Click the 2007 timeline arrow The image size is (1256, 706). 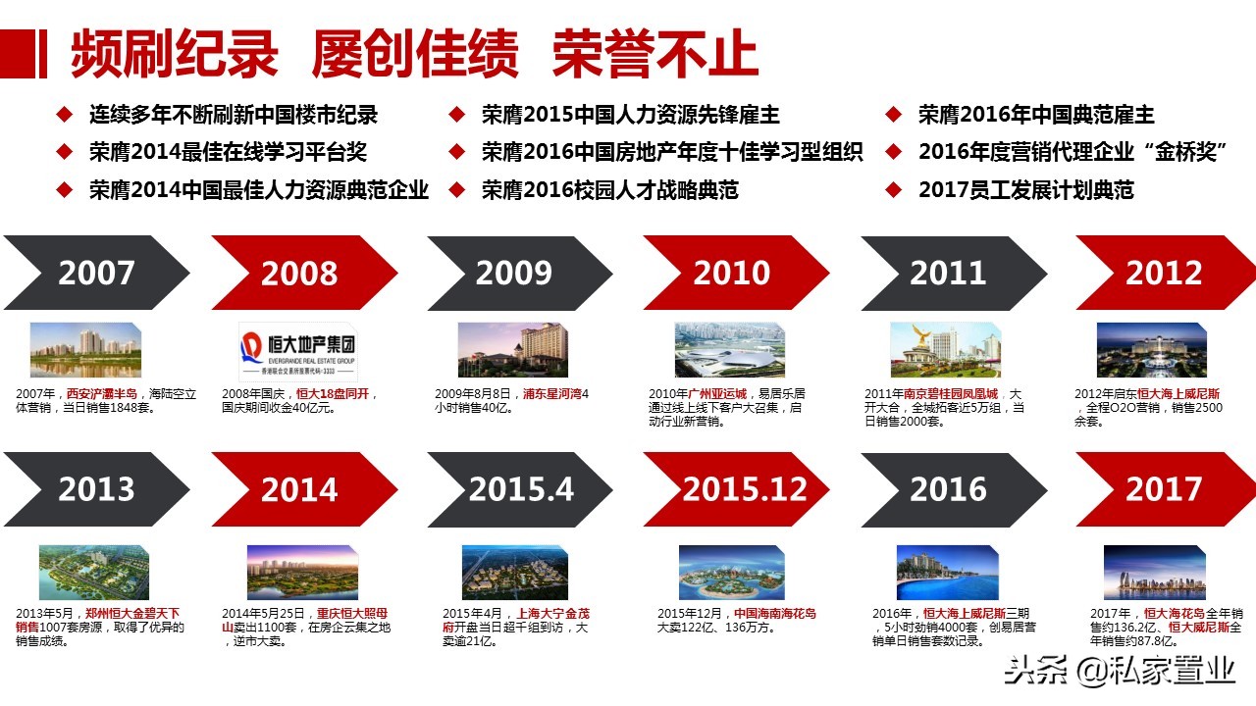95,273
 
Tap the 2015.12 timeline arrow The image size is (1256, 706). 744,488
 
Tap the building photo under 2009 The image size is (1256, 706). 513,350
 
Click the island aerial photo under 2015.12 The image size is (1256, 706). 730,572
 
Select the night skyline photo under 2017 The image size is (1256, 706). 1153,572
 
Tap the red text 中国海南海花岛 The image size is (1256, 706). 774,615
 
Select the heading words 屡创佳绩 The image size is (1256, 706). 415,55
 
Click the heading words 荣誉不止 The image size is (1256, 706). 654,55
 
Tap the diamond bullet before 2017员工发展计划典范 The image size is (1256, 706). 893,188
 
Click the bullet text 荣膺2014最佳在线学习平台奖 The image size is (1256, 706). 228,152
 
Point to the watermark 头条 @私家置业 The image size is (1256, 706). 1119,672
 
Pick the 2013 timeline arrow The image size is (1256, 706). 95,488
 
